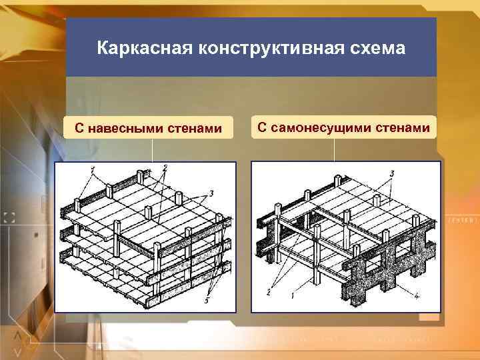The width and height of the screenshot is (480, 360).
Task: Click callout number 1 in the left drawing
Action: tap(93, 169)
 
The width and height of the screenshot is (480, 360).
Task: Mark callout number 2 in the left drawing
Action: tap(164, 167)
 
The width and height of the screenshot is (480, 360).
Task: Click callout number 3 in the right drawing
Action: tap(392, 173)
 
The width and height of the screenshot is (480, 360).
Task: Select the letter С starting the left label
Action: tap(79, 128)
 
